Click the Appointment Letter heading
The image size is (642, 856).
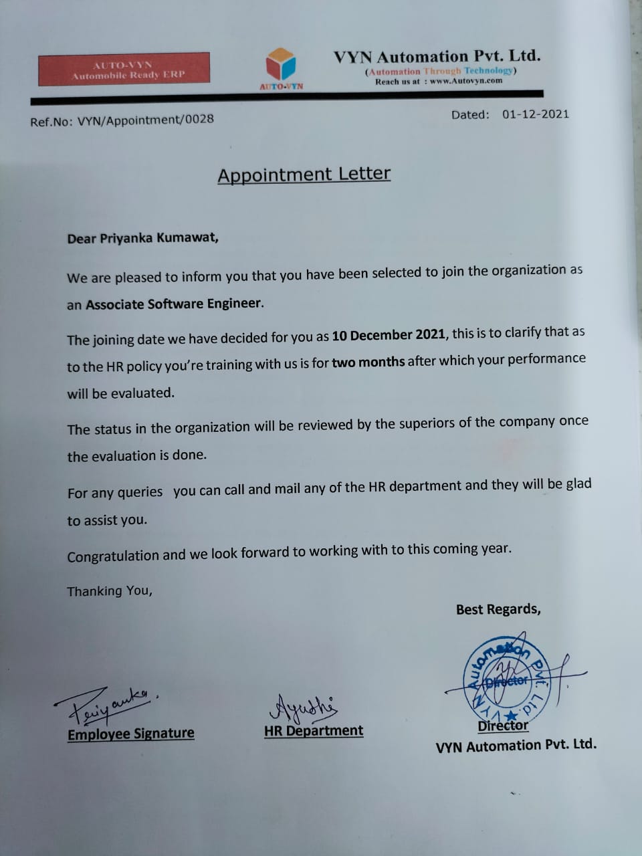304,175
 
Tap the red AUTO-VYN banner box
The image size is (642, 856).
124,70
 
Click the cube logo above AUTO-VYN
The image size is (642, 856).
281,64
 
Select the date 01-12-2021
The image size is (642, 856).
536,114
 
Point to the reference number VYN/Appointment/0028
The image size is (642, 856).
146,120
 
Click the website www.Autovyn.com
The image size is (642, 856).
466,81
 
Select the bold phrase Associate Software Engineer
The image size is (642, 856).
173,304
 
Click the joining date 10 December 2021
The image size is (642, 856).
389,334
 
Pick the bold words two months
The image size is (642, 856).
368,362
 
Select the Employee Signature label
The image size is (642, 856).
131,734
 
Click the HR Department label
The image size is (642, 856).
314,731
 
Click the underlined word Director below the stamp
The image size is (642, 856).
503,726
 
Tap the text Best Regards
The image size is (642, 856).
498,609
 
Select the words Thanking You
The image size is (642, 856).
110,591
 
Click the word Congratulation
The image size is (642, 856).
113,556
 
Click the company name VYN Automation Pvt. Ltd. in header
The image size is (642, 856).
437,56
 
